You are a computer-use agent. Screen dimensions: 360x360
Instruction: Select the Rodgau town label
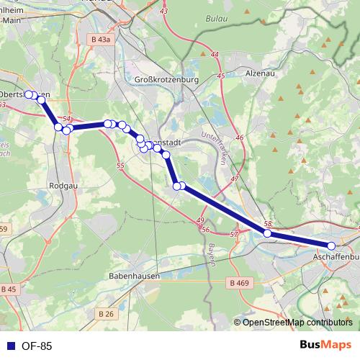coord(60,184)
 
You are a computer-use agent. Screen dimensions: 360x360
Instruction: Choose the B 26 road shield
coord(105,313)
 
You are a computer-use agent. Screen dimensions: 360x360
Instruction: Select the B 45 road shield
coord(8,289)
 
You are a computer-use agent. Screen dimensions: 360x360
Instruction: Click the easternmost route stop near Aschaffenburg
coord(332,246)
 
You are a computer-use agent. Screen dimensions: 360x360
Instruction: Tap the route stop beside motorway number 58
coord(267,233)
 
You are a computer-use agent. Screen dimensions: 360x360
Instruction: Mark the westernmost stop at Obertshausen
coord(29,94)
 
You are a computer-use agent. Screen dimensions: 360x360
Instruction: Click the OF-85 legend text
coord(36,346)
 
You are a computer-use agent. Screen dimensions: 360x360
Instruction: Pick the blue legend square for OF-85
coord(9,346)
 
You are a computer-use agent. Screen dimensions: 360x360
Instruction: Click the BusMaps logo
coord(325,346)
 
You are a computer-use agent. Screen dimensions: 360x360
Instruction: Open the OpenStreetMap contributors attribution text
coord(297,323)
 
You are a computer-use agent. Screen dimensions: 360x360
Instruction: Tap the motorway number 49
coord(200,220)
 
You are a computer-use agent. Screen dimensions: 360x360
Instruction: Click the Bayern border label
coord(212,254)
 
